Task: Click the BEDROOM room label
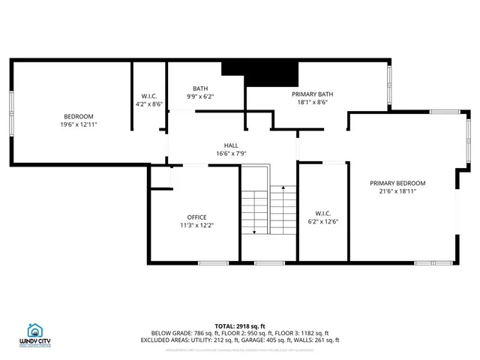(x=78, y=116)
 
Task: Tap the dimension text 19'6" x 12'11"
(x=78, y=124)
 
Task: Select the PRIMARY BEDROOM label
(x=397, y=183)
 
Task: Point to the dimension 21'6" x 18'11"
(x=397, y=191)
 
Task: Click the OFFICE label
(x=196, y=217)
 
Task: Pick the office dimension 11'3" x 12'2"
(x=196, y=226)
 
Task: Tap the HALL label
(x=231, y=145)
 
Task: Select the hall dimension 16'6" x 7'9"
(x=231, y=154)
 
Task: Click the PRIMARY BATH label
(x=312, y=94)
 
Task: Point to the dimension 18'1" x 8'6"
(x=312, y=103)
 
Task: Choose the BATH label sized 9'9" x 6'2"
(x=200, y=88)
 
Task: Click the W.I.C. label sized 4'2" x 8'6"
(x=149, y=96)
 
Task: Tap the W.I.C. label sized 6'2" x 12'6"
(x=323, y=212)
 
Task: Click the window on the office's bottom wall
(x=213, y=262)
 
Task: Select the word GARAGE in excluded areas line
(x=255, y=339)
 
